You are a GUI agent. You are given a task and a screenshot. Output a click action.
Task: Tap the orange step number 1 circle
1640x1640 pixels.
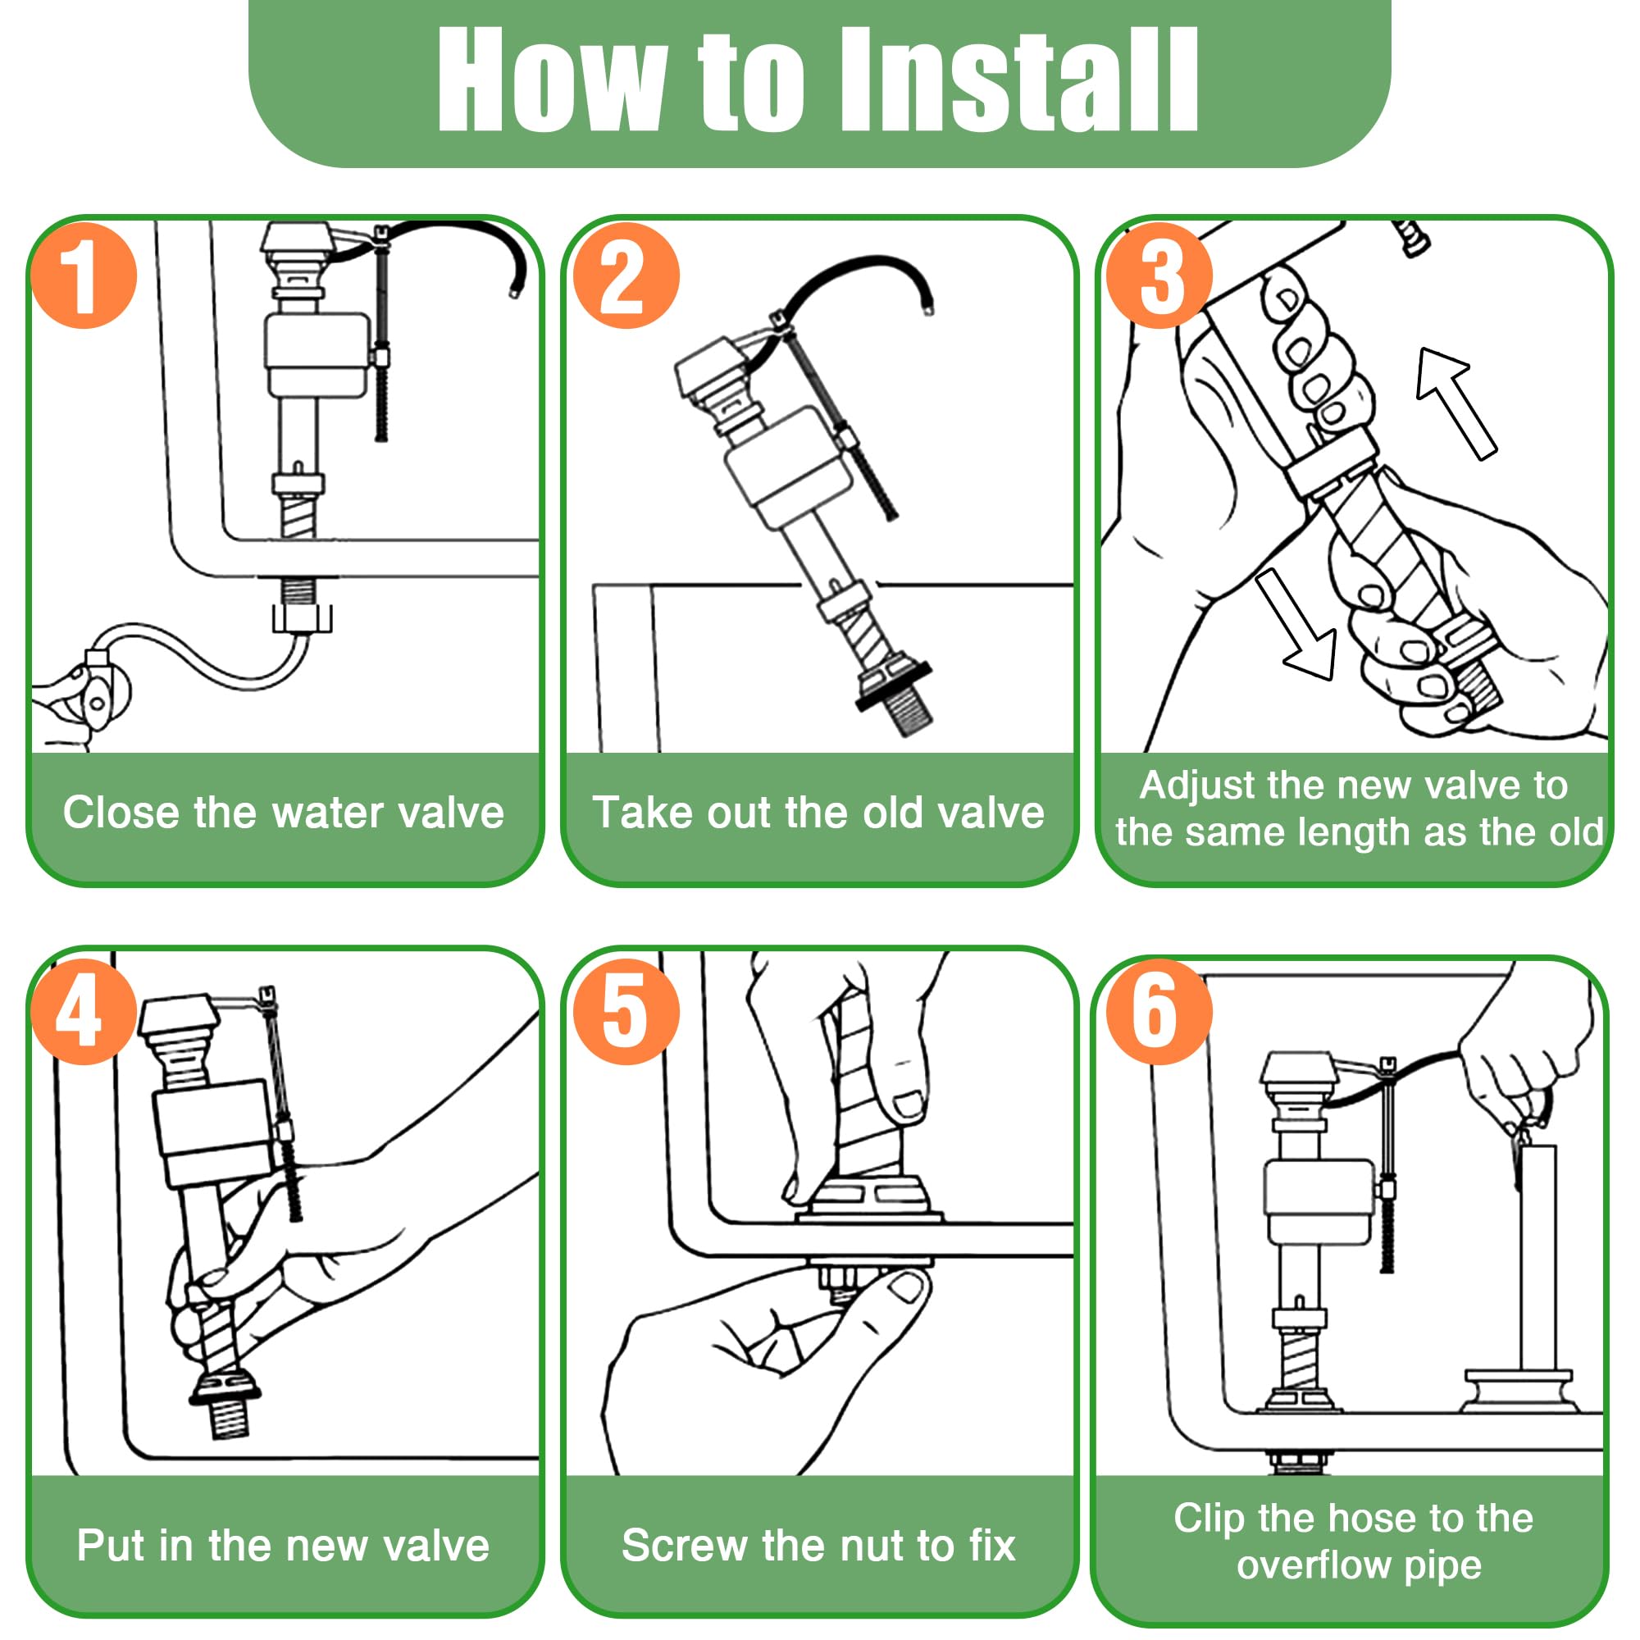[83, 275]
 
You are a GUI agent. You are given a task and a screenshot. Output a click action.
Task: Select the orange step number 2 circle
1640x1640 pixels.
[626, 275]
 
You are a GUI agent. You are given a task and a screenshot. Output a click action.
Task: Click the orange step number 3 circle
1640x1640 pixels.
[1159, 275]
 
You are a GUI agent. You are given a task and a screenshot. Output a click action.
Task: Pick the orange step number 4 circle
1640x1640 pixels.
[83, 1011]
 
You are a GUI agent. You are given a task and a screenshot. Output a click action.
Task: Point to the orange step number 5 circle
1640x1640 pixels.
[626, 1011]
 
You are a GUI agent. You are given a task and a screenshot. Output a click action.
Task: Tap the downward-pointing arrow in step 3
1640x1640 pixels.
[1296, 624]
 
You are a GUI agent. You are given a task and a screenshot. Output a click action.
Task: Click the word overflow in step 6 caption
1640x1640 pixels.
[1313, 1565]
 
